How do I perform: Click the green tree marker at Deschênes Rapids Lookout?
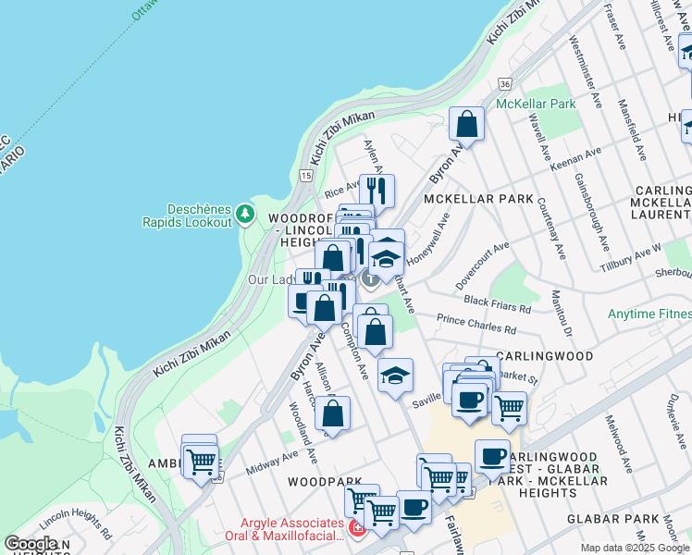click(244, 214)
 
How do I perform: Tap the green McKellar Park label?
click(536, 104)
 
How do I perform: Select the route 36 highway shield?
click(503, 83)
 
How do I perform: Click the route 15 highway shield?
click(306, 174)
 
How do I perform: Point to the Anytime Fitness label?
click(649, 314)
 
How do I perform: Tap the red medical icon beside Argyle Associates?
click(356, 526)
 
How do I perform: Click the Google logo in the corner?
click(31, 544)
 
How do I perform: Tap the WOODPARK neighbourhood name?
click(320, 482)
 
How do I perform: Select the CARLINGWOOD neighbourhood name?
click(543, 355)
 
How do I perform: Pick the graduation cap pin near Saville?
click(395, 376)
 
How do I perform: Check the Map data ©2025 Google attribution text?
click(635, 548)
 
